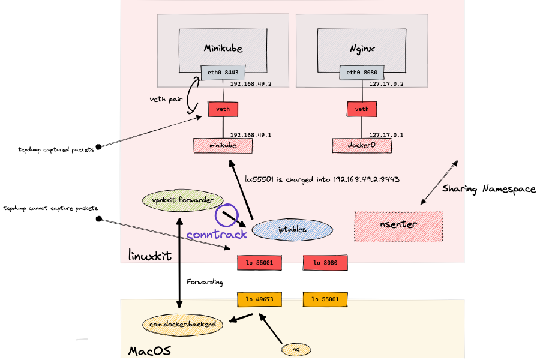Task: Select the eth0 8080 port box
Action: [362, 73]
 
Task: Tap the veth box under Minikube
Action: [223, 109]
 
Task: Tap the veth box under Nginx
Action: [362, 109]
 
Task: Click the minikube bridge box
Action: [223, 145]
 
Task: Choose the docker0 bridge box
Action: [362, 145]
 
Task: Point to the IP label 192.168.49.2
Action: [251, 84]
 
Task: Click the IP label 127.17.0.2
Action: [386, 84]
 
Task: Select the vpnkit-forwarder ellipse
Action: [182, 200]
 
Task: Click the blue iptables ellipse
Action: [292, 229]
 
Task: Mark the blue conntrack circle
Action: [227, 215]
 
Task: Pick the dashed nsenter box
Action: [398, 226]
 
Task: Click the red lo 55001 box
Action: [259, 263]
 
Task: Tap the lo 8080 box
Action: [325, 263]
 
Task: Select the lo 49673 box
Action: [259, 299]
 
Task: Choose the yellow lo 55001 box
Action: [325, 299]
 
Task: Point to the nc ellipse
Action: [296, 349]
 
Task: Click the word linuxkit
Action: [150, 256]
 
